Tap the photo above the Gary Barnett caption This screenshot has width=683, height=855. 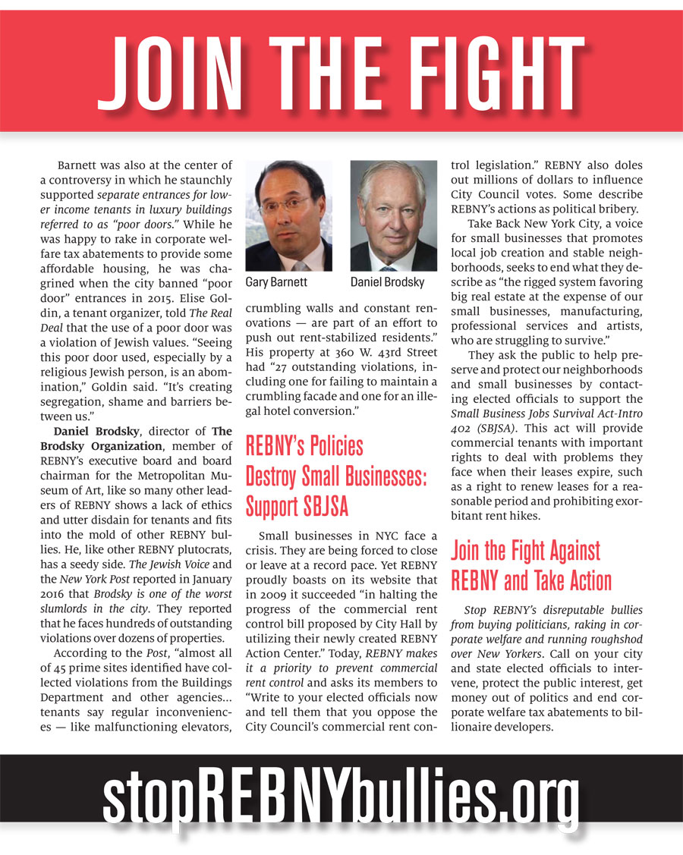288,216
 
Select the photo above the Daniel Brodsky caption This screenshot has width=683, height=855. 393,216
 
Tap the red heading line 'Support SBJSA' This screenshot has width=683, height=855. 295,506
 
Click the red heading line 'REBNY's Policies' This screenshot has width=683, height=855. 304,446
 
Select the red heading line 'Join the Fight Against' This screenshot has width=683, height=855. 525,551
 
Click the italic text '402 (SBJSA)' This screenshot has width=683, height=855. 485,428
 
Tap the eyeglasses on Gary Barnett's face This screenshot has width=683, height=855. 286,203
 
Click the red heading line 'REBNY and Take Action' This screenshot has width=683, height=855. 531,581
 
